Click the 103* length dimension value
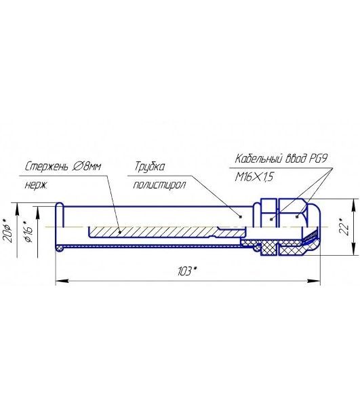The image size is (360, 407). point(186,271)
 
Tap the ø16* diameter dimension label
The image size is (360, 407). point(28,231)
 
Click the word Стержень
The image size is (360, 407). point(47,166)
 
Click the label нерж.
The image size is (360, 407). point(36,185)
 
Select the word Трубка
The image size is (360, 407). point(149,167)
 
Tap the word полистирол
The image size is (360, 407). point(159,185)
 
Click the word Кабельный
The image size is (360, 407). point(258,158)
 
